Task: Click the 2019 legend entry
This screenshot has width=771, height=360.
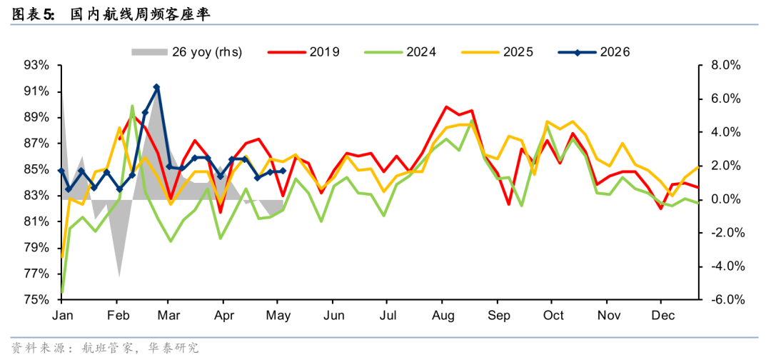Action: pos(303,51)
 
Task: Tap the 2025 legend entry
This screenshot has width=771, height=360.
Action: pos(497,51)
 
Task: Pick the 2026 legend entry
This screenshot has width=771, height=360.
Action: pos(594,51)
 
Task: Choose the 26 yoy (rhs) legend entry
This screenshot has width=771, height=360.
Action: pos(186,51)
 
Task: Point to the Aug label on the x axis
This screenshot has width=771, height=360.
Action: pos(444,315)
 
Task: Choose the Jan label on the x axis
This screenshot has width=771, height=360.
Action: pos(61,315)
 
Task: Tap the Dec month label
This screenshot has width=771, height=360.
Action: pos(660,315)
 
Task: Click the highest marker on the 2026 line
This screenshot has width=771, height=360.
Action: pos(156,87)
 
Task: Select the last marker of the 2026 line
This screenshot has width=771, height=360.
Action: pos(283,171)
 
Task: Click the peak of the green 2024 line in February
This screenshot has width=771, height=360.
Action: pos(132,106)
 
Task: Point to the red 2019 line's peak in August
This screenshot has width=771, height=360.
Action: pos(446,106)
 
